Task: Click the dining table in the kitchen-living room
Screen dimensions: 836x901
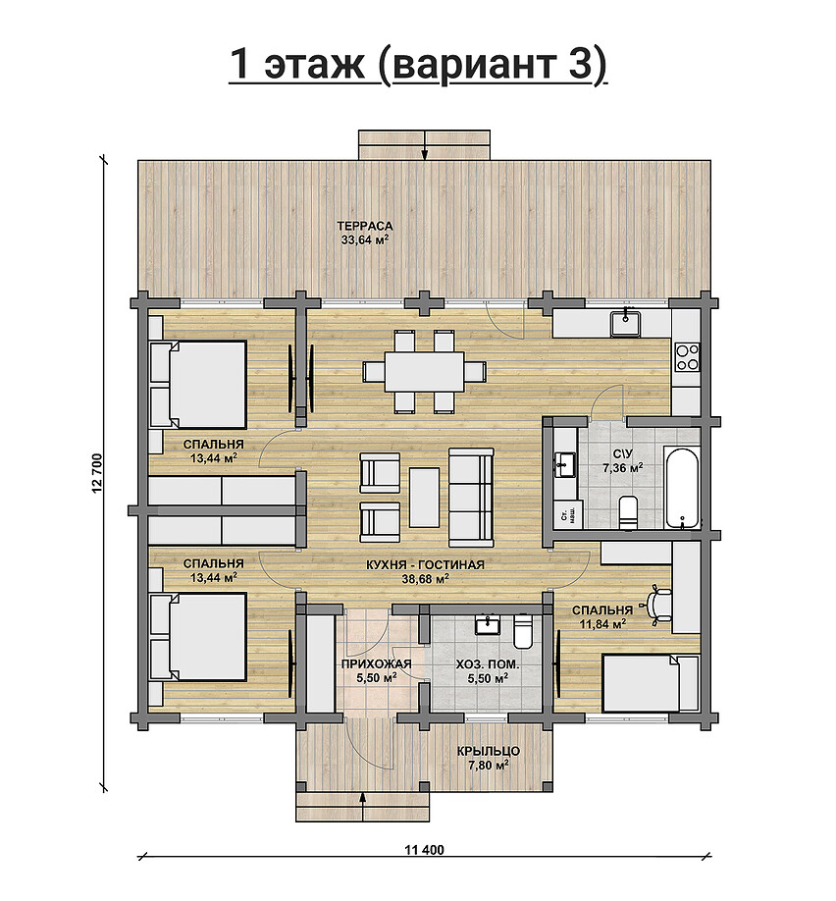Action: (425, 371)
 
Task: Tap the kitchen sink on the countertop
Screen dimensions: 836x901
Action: (626, 322)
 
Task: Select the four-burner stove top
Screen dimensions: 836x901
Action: (687, 356)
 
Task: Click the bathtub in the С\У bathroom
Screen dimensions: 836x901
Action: (682, 486)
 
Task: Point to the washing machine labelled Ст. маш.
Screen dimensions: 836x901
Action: (568, 514)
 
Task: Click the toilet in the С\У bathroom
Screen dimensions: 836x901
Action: (628, 510)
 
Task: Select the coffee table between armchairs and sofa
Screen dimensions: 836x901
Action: (425, 497)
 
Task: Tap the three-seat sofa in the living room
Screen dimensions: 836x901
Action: (471, 497)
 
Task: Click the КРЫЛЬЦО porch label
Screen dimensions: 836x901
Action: (489, 751)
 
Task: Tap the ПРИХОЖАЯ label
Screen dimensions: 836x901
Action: (377, 664)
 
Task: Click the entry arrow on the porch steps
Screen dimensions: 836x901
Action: (362, 808)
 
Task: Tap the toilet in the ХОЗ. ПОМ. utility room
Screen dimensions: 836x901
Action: (523, 631)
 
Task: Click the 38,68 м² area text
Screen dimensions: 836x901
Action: (425, 579)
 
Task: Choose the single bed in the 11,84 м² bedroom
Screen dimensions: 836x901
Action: (650, 683)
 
